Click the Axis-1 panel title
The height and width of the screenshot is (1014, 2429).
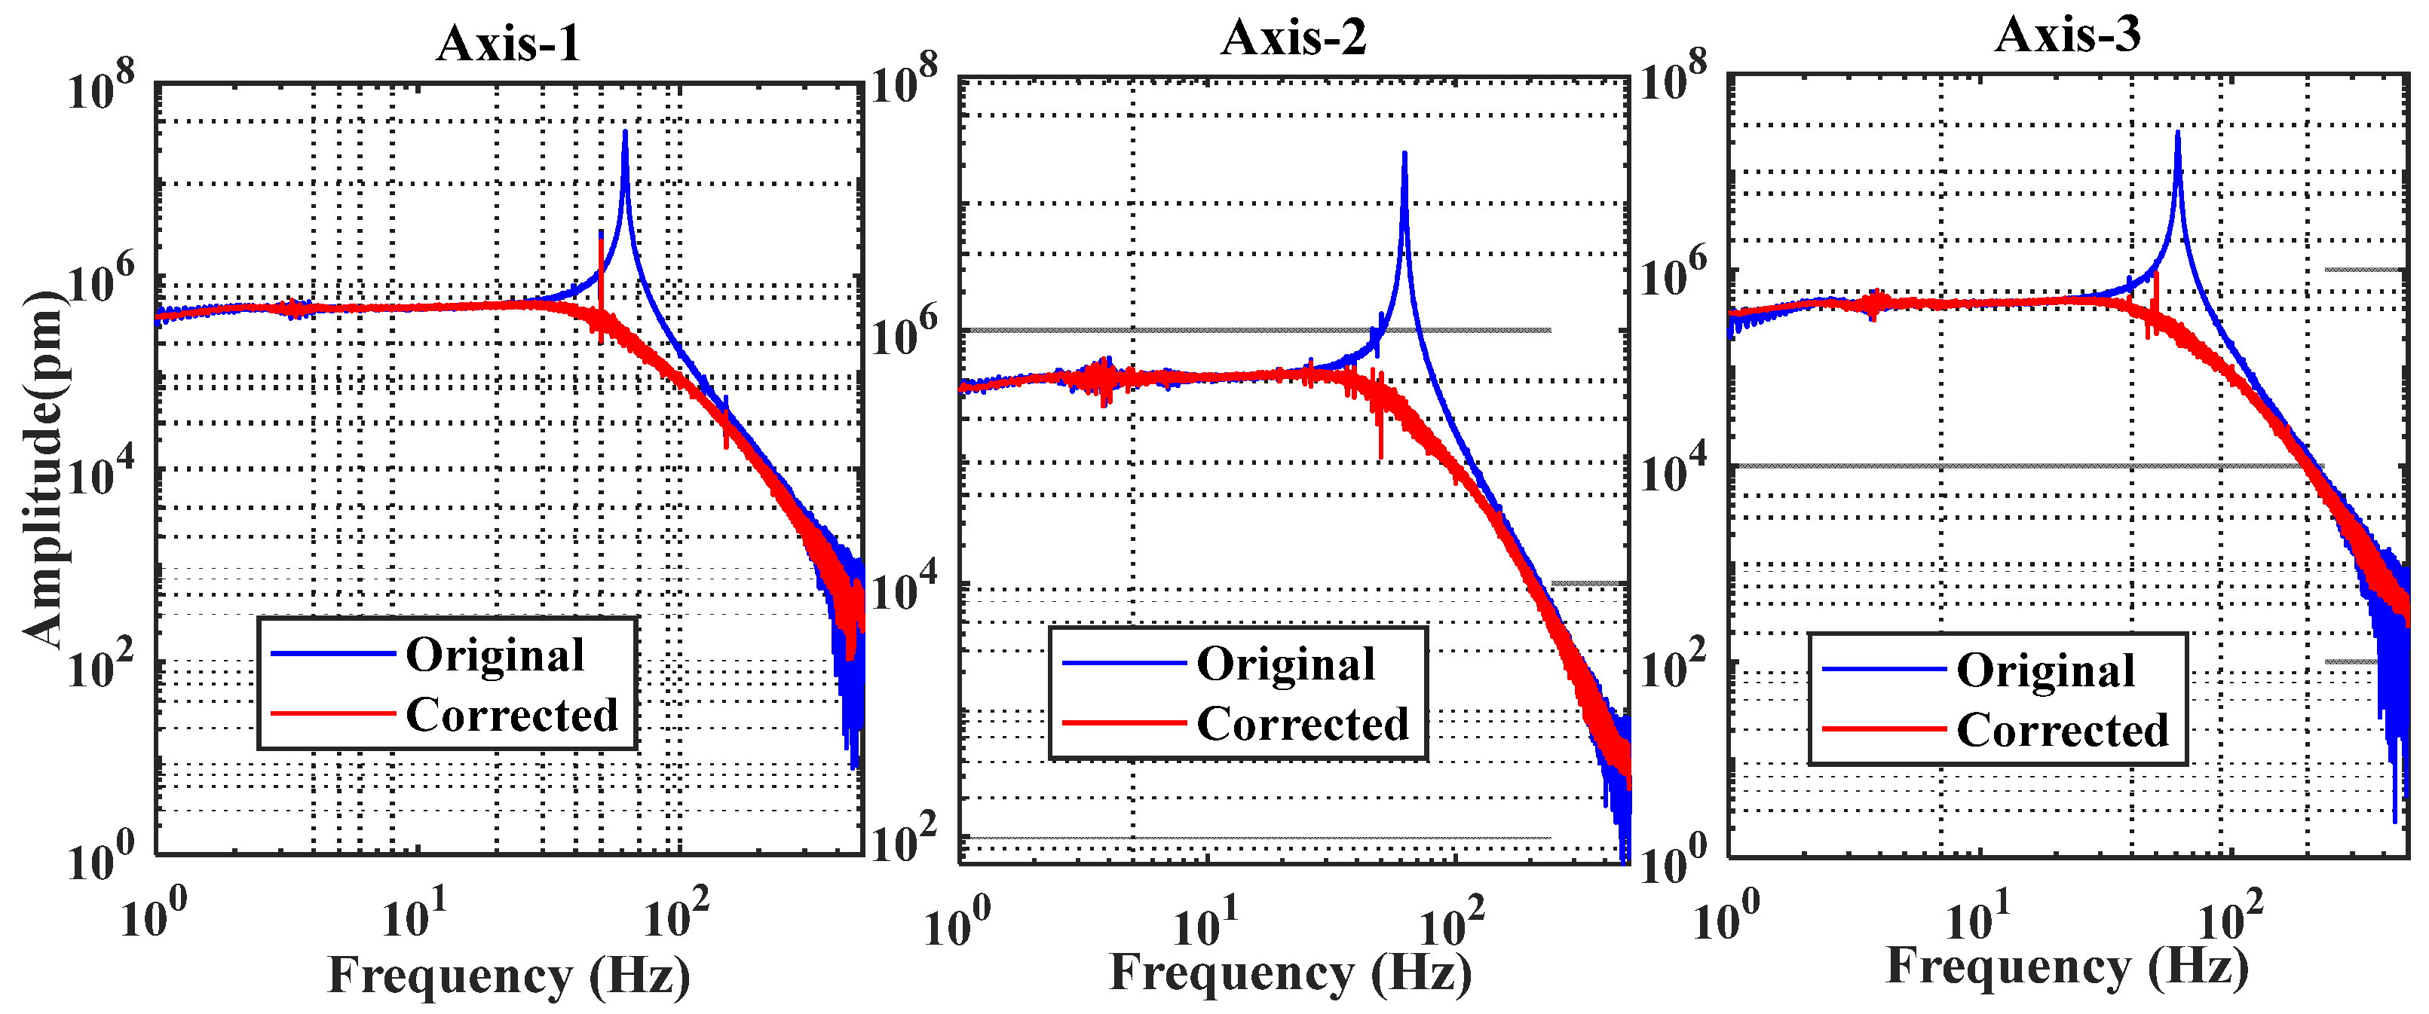point(508,42)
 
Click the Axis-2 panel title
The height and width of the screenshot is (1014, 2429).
point(1293,38)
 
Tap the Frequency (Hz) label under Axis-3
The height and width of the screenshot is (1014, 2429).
point(2067,966)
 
